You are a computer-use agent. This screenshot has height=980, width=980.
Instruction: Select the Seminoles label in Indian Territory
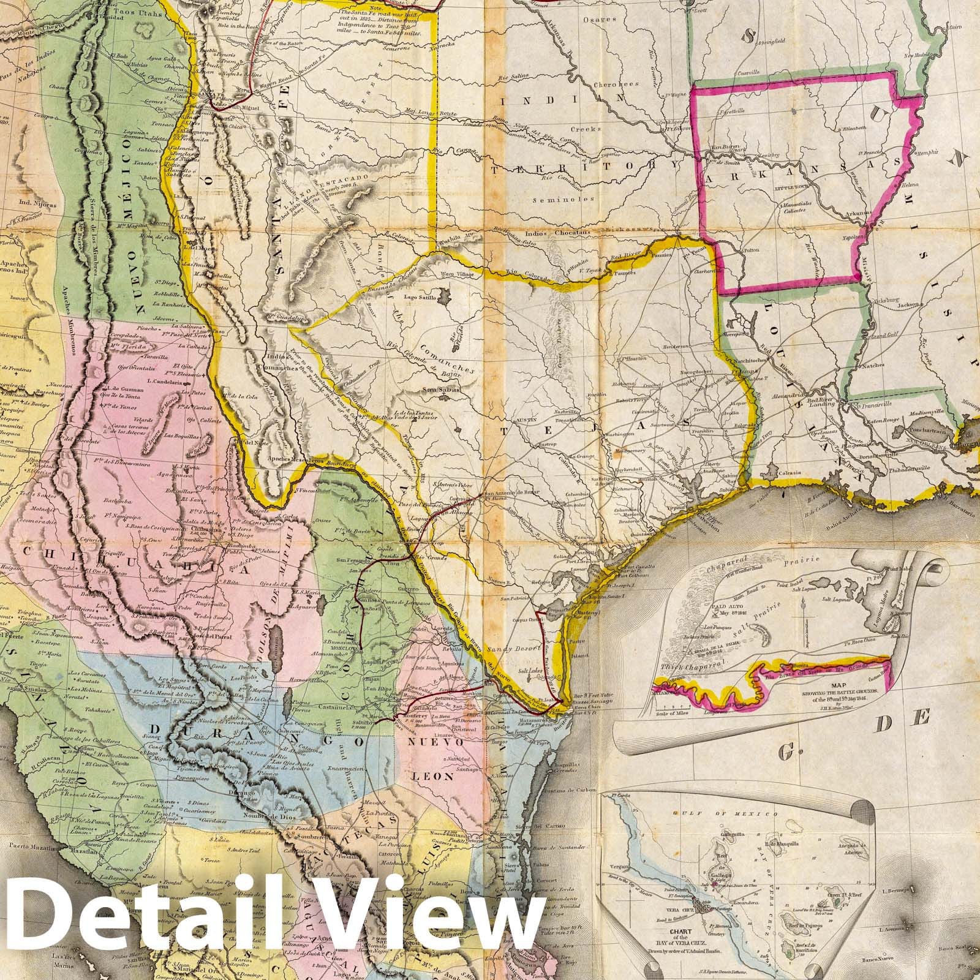556,199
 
